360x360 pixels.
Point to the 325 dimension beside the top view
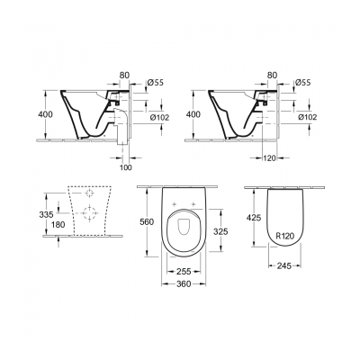(232, 231)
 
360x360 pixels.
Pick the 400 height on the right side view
(191, 115)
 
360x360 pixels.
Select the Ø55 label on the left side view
(155, 81)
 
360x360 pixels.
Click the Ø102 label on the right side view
(305, 115)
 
